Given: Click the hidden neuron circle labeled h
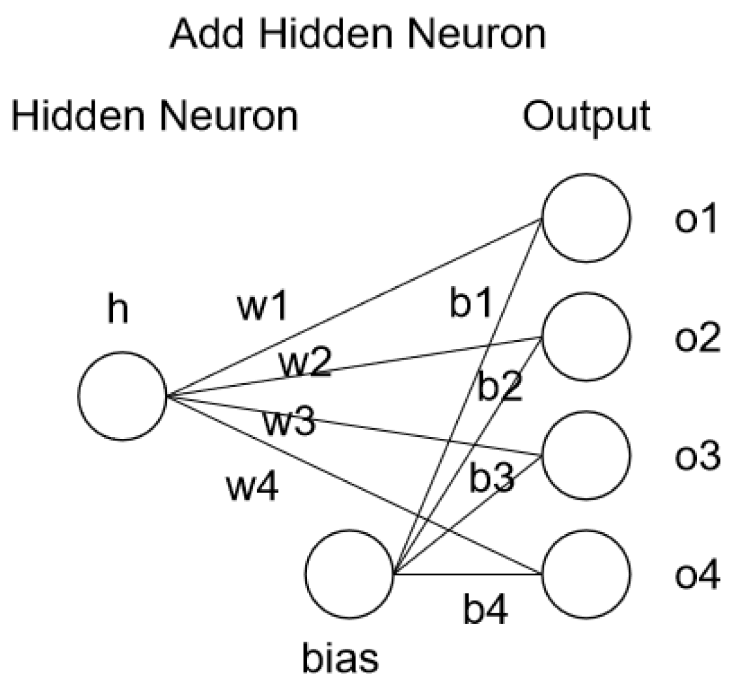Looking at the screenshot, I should pyautogui.click(x=122, y=396).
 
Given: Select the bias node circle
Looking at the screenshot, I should pyautogui.click(x=350, y=574).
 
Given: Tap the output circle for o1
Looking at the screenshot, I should pyautogui.click(x=586, y=218).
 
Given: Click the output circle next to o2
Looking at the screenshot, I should pyautogui.click(x=586, y=336).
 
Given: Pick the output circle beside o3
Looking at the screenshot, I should pyautogui.click(x=586, y=455).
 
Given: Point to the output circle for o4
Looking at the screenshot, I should pyautogui.click(x=586, y=574).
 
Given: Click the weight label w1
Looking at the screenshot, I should pyautogui.click(x=262, y=306).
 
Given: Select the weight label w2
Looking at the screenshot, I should pyautogui.click(x=305, y=363).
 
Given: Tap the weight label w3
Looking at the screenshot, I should pyautogui.click(x=289, y=422).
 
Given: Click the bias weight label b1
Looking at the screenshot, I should pyautogui.click(x=471, y=303).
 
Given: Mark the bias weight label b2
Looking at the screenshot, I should pyautogui.click(x=500, y=386).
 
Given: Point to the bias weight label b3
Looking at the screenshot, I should pyautogui.click(x=492, y=478).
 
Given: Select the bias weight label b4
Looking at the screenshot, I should pyautogui.click(x=485, y=609).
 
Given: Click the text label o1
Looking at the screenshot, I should pyautogui.click(x=696, y=218).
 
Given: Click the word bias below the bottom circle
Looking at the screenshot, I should pyautogui.click(x=340, y=658).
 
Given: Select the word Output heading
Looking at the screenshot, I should pyautogui.click(x=586, y=117).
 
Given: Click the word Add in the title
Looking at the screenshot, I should pyautogui.click(x=207, y=34).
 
